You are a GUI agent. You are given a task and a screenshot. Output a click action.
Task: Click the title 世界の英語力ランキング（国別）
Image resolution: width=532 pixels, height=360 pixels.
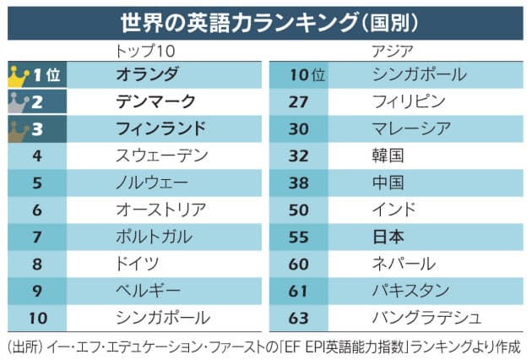tap(266, 20)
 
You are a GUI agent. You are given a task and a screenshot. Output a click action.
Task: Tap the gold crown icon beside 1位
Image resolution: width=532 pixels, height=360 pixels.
tap(19, 75)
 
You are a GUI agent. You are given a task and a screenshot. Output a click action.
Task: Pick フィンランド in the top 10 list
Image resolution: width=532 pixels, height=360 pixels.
tap(160, 128)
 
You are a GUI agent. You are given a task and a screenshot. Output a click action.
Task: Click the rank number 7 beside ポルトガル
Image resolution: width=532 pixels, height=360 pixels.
tap(36, 237)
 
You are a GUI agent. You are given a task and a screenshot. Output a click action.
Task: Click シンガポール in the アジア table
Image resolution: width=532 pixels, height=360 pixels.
tap(419, 74)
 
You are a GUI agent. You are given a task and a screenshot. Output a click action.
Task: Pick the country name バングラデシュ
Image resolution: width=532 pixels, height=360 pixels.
tap(426, 318)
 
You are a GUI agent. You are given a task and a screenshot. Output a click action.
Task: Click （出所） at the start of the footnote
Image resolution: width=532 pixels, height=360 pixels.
tap(26, 346)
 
